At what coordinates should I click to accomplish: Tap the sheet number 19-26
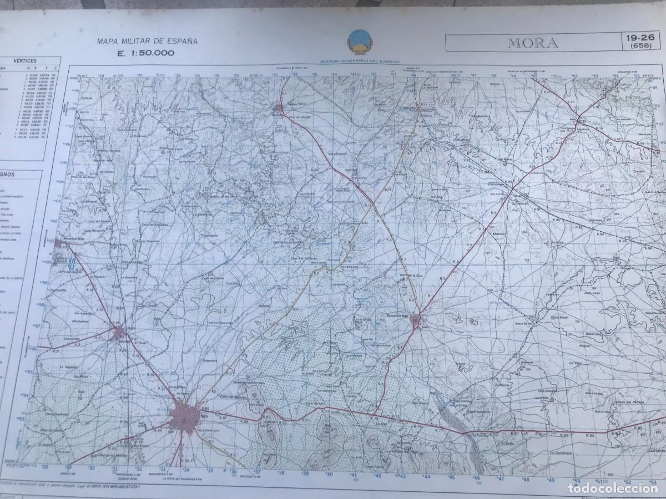(x=639, y=38)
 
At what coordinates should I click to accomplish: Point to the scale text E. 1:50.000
(x=145, y=53)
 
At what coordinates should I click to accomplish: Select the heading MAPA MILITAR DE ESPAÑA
(x=147, y=41)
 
